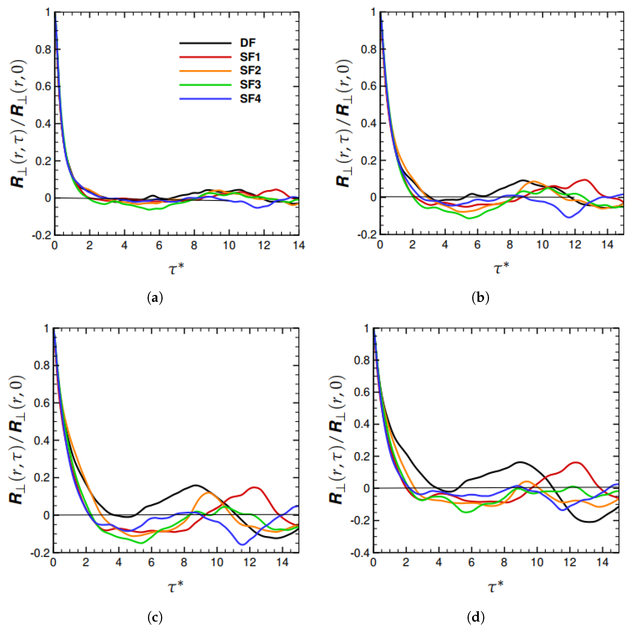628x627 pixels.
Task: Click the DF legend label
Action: point(248,43)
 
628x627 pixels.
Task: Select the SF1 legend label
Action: point(250,57)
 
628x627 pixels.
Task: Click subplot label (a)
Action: point(155,297)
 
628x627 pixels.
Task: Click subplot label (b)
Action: point(480,297)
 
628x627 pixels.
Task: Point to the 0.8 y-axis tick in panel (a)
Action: point(43,49)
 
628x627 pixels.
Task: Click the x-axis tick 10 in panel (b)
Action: point(542,245)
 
